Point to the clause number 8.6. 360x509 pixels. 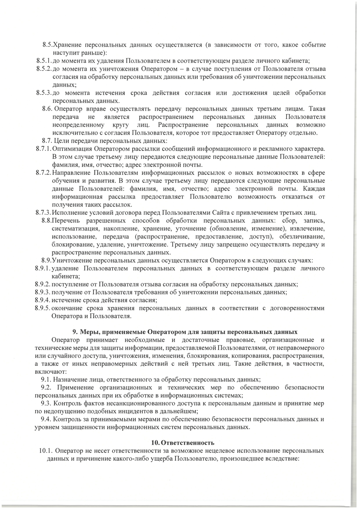click(48, 109)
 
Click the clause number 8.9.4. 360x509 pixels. click(42, 300)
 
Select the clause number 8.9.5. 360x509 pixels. click(42, 308)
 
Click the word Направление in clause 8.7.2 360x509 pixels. click(71, 173)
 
